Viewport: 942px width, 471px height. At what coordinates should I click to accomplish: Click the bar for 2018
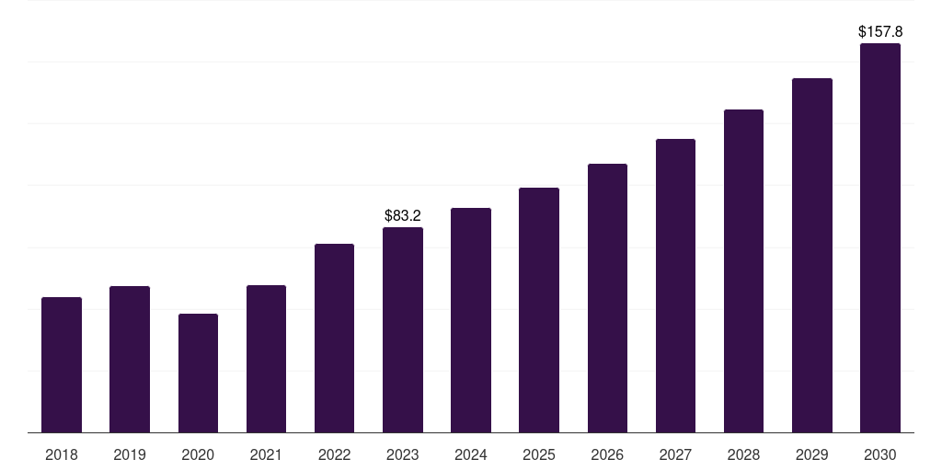tap(62, 365)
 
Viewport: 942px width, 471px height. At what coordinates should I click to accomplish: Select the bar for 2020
tap(198, 373)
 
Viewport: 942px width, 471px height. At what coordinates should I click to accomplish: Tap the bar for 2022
tap(334, 339)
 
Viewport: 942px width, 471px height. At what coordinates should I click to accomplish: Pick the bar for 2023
tap(403, 330)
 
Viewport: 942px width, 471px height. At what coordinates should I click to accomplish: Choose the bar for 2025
tap(539, 310)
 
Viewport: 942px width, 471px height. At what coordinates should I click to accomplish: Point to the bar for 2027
tap(675, 286)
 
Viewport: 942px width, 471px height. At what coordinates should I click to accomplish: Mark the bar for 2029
tap(812, 256)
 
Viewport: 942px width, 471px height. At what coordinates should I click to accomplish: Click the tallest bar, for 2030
tap(880, 238)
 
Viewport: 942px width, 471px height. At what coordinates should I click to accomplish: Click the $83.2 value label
tap(403, 215)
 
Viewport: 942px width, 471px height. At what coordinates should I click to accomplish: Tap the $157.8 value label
tap(880, 31)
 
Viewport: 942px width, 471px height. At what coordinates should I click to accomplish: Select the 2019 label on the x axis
tap(130, 454)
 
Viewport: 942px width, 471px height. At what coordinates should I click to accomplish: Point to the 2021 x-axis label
tap(266, 454)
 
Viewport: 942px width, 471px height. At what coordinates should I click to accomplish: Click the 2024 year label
tap(471, 454)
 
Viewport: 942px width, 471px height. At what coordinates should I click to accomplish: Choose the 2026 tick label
tap(607, 454)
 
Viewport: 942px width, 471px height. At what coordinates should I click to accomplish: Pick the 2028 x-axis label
tap(743, 454)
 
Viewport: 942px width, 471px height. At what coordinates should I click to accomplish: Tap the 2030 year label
tap(880, 454)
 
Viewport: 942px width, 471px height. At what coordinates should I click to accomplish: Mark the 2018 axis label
tap(62, 454)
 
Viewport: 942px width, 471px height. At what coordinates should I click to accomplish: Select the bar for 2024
tap(471, 320)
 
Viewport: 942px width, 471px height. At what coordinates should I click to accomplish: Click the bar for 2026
tap(607, 298)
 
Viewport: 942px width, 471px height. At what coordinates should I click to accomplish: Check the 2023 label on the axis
tap(403, 454)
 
